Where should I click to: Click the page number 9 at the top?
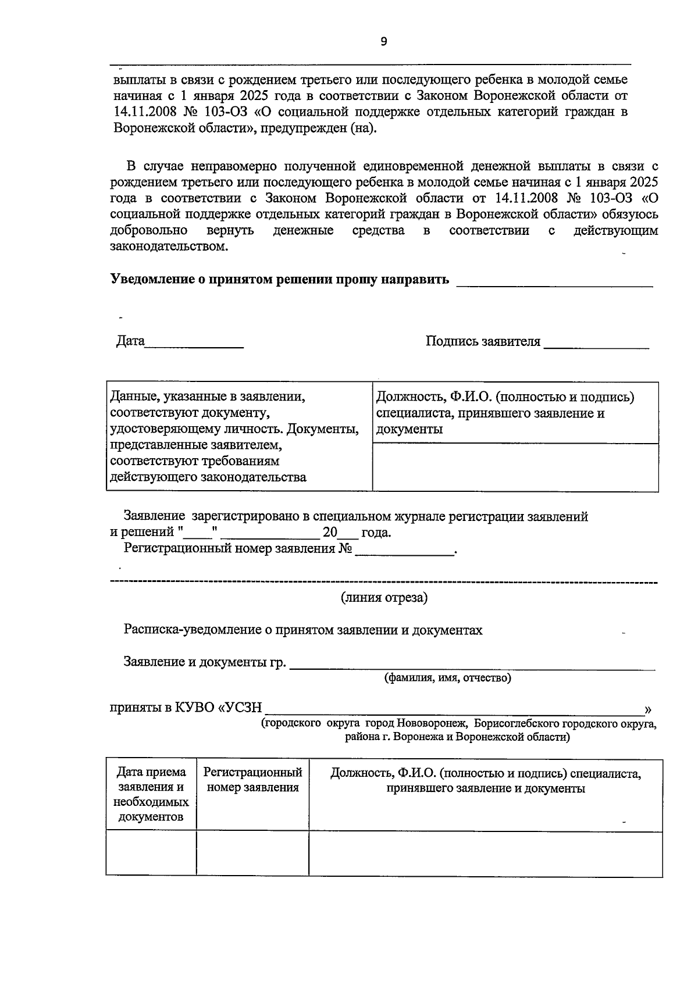383,41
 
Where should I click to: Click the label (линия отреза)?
384,598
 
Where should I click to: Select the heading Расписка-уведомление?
302,630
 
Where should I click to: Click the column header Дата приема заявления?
151,794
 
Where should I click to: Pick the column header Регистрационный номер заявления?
252,780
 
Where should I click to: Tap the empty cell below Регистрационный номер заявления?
252,854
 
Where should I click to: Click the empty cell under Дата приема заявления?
151,854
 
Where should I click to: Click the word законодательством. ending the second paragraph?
169,247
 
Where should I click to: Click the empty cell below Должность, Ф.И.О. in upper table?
515,467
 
